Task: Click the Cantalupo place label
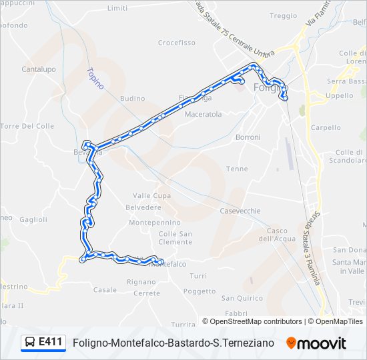click(x=38, y=69)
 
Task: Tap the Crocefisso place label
click(x=176, y=43)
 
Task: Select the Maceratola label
click(x=203, y=114)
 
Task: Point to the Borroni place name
click(x=248, y=137)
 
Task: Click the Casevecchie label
click(x=240, y=211)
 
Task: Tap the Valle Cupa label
click(x=151, y=195)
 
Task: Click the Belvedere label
click(x=143, y=207)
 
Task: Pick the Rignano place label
click(x=141, y=281)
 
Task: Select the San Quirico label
click(x=242, y=297)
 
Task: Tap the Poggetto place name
click(x=200, y=291)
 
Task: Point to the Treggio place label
click(x=283, y=15)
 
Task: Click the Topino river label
click(x=95, y=79)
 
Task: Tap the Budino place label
click(x=132, y=98)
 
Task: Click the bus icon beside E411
click(x=30, y=343)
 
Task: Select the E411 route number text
click(x=51, y=343)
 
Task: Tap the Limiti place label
click(x=117, y=8)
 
